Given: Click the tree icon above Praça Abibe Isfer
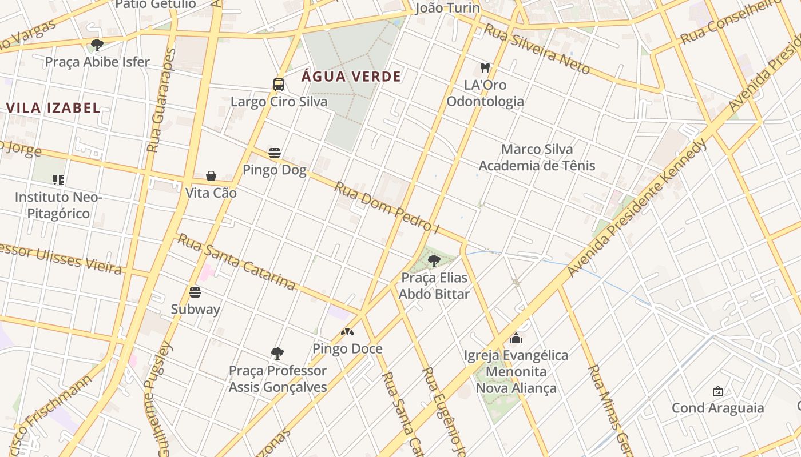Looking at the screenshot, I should pyautogui.click(x=97, y=45).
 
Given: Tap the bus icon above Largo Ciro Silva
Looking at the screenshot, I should pyautogui.click(x=279, y=85).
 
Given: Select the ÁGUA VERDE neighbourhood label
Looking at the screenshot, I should pyautogui.click(x=351, y=77).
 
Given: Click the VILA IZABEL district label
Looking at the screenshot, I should pyautogui.click(x=53, y=107).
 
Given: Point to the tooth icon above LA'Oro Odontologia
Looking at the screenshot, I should pyautogui.click(x=485, y=68).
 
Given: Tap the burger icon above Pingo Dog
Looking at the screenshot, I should pyautogui.click(x=275, y=153).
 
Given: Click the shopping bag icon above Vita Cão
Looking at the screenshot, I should pyautogui.click(x=211, y=176).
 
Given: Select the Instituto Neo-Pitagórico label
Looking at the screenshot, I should pyautogui.click(x=58, y=205).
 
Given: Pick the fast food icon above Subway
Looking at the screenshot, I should pyautogui.click(x=195, y=292).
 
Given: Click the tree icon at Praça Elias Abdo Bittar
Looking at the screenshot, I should pyautogui.click(x=434, y=261).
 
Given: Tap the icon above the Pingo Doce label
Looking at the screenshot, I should pyautogui.click(x=347, y=332).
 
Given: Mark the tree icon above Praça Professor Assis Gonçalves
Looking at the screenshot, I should pyautogui.click(x=277, y=354).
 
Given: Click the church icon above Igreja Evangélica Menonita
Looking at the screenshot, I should pyautogui.click(x=516, y=338).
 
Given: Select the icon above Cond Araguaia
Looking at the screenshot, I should pyautogui.click(x=717, y=391).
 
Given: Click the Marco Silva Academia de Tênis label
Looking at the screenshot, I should pyautogui.click(x=537, y=157).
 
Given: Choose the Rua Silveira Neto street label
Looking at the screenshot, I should pyautogui.click(x=537, y=49).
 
